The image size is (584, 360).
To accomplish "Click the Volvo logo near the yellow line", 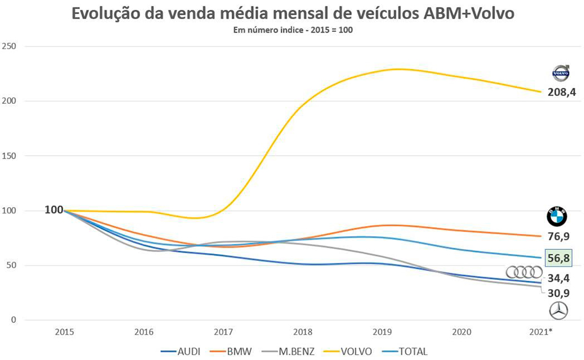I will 560,73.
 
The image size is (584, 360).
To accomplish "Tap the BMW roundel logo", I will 557,217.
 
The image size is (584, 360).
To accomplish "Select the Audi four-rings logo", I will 524,272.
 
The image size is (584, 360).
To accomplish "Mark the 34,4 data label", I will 558,278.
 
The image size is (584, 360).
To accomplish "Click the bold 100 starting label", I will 54,210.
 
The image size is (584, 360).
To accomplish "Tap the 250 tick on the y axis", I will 10,46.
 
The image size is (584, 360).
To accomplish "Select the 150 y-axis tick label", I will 10,156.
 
